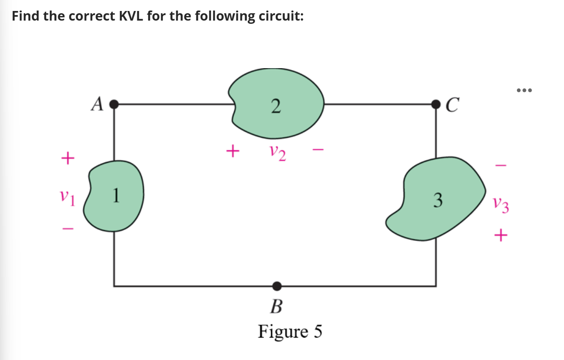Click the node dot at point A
click(114, 104)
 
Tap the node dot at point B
click(276, 286)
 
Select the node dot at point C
click(435, 104)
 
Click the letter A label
click(97, 104)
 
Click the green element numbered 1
click(114, 196)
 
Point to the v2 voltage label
click(277, 152)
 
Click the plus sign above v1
click(67, 159)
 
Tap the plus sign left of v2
click(233, 150)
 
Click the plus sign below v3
click(501, 236)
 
